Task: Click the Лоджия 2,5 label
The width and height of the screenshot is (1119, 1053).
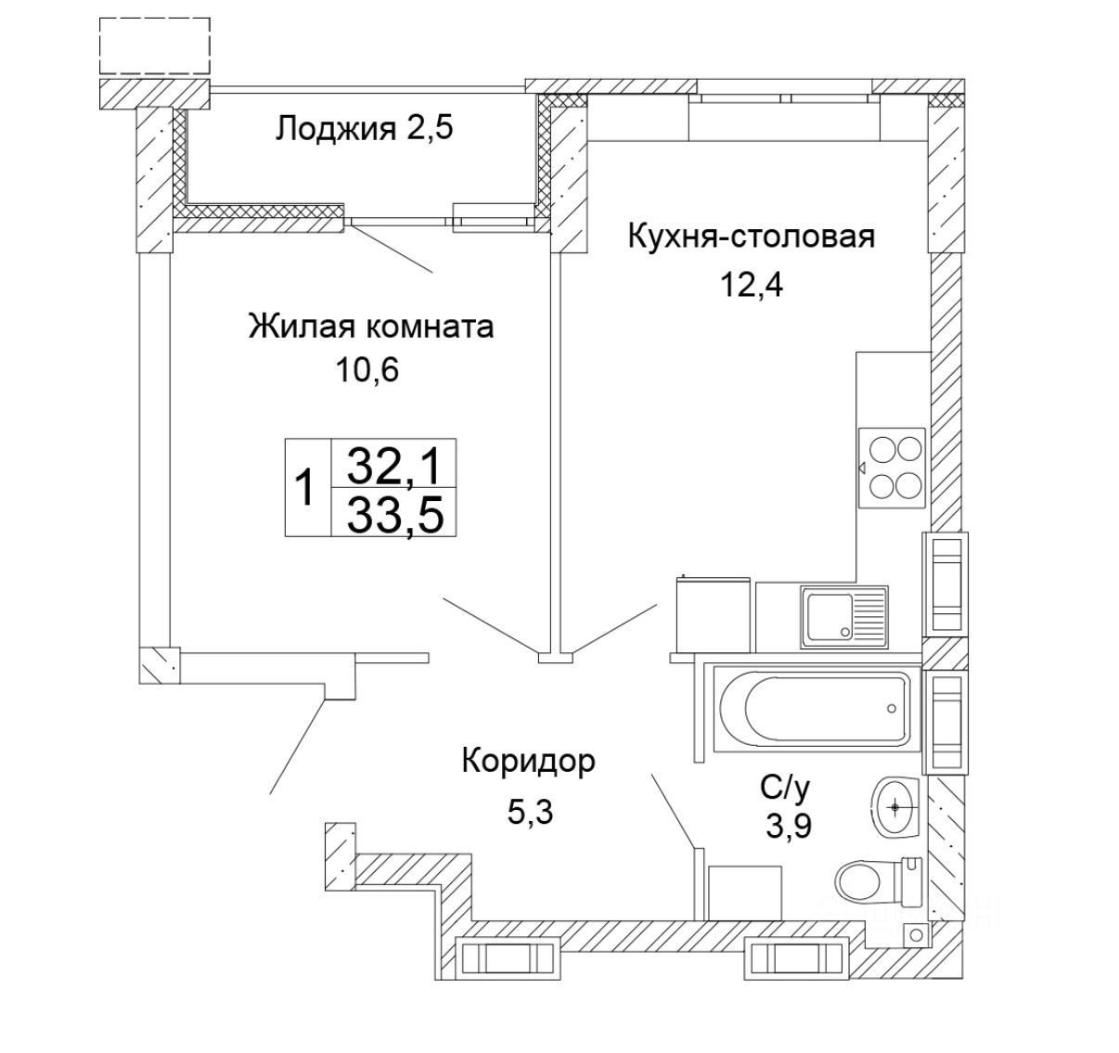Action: point(364,128)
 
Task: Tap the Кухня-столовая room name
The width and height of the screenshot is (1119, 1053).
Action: point(752,236)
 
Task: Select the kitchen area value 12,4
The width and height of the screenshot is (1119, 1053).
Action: point(752,284)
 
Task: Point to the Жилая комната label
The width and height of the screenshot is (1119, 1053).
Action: point(370,326)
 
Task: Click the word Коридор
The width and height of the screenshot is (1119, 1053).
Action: point(528,764)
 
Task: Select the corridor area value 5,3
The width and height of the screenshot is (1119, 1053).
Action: point(530,812)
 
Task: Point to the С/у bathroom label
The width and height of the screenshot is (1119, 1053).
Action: point(785,790)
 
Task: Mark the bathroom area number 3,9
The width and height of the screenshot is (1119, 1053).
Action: point(788,825)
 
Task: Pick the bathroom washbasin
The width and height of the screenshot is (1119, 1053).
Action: point(896,805)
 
